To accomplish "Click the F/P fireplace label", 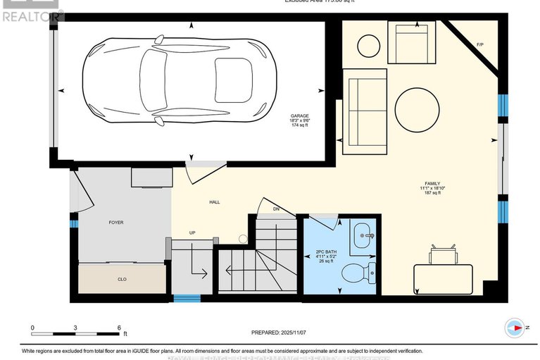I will click(480, 45).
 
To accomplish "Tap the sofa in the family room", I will click(365, 111).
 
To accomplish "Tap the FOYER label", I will click(115, 223).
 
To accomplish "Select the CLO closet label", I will click(122, 280).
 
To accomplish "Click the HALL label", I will click(214, 202).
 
